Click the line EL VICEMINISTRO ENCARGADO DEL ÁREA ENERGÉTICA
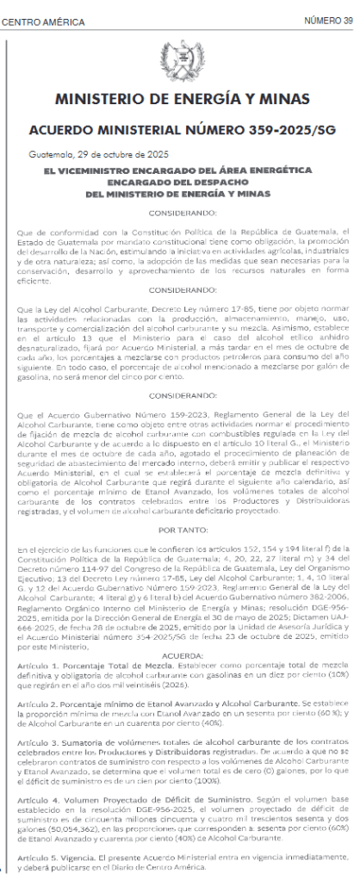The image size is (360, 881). point(178,171)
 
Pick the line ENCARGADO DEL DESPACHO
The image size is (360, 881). point(178,183)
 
